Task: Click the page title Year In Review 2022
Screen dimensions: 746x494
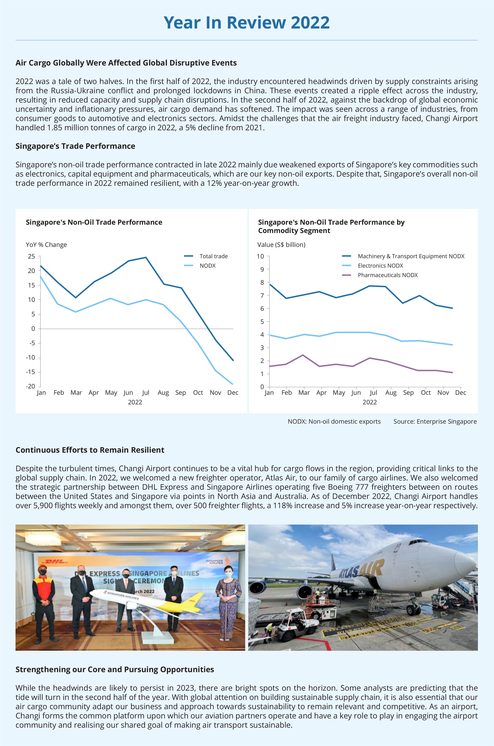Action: click(x=247, y=23)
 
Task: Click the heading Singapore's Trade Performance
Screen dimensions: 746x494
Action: click(x=75, y=146)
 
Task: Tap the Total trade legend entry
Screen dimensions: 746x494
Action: click(x=213, y=256)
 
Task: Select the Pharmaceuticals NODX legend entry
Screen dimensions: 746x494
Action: click(x=387, y=275)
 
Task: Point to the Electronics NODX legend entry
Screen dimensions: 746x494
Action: click(x=380, y=266)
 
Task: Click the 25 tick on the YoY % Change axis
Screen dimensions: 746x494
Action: click(x=31, y=256)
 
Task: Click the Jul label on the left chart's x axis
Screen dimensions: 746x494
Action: click(x=146, y=393)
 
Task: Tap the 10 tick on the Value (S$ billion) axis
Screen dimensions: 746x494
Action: click(x=260, y=256)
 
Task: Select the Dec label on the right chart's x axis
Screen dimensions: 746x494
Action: click(x=461, y=393)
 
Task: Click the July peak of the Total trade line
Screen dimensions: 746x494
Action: click(x=146, y=257)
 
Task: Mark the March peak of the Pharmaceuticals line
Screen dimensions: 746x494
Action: click(x=303, y=355)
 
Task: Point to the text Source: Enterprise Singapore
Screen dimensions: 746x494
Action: click(x=435, y=422)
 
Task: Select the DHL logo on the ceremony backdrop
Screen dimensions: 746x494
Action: click(x=55, y=561)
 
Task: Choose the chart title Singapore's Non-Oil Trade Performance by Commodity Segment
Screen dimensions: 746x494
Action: click(x=331, y=226)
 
